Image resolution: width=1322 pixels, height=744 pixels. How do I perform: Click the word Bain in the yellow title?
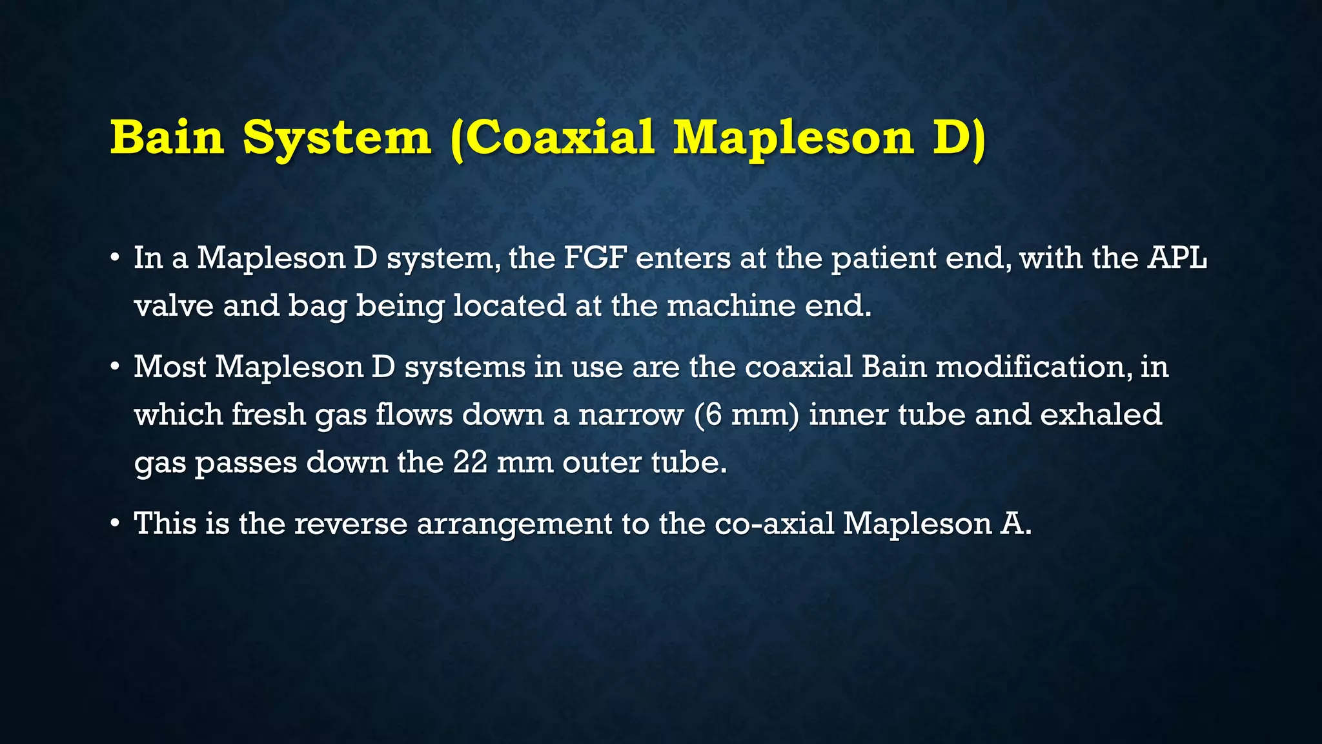point(167,137)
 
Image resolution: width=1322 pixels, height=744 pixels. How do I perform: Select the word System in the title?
point(337,137)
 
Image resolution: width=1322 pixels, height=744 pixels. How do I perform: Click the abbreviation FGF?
point(595,258)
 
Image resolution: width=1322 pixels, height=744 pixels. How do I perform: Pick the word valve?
point(174,305)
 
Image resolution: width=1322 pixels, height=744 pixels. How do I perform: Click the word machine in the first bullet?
point(731,305)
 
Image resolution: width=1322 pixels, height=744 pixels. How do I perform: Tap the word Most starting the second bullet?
point(170,367)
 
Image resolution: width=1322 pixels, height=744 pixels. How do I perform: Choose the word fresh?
point(268,414)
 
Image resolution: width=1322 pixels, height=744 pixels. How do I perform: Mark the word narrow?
point(631,414)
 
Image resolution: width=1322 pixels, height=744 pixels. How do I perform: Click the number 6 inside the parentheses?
point(713,414)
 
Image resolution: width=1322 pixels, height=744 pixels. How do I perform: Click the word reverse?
point(351,523)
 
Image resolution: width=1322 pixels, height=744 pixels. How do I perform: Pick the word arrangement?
point(514,523)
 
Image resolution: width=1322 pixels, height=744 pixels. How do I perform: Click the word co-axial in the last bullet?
point(775,523)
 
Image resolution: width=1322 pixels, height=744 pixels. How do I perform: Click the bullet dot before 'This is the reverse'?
point(115,522)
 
